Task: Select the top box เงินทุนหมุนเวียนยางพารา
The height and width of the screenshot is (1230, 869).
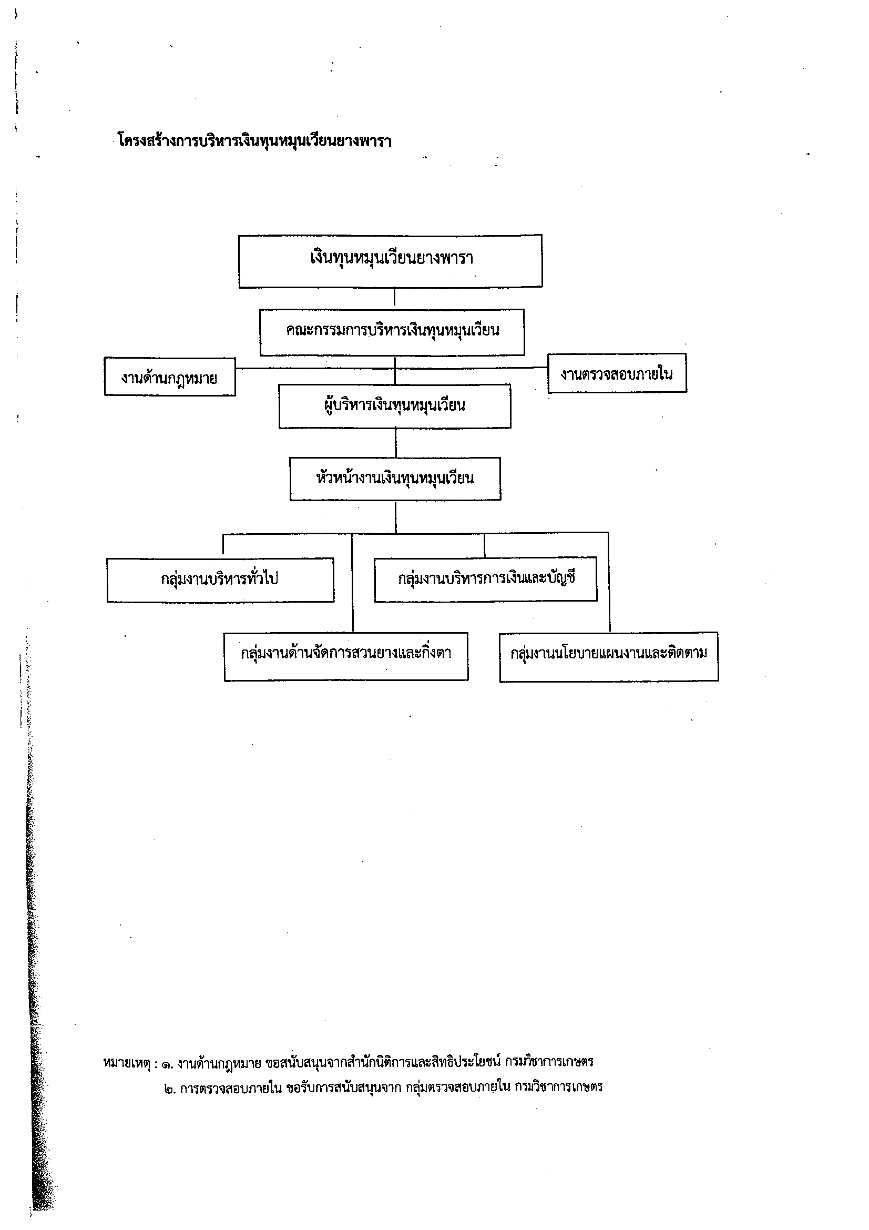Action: [x=390, y=261]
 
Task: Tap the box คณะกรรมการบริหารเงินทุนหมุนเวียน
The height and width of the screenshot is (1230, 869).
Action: [x=392, y=332]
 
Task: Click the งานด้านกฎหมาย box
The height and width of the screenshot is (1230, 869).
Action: [x=170, y=377]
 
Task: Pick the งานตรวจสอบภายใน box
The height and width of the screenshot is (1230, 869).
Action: [x=617, y=373]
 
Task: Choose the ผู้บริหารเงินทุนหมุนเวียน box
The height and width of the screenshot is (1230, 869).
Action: [x=395, y=406]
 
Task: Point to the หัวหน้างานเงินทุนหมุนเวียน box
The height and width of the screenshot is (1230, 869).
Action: [x=395, y=479]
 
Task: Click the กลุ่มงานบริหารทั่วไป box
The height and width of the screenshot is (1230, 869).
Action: [x=220, y=580]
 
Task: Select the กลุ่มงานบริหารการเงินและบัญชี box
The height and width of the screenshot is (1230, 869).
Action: [x=486, y=579]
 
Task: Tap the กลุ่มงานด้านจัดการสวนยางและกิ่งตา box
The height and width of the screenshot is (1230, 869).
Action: [x=346, y=657]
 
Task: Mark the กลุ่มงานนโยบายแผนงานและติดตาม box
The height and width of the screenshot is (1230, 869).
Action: [x=609, y=657]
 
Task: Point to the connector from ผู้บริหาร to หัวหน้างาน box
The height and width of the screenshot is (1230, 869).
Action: [x=396, y=442]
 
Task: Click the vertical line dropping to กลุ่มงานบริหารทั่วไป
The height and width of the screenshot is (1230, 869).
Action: [x=223, y=545]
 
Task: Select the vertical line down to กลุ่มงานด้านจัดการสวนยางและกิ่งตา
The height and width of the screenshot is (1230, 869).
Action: [x=352, y=583]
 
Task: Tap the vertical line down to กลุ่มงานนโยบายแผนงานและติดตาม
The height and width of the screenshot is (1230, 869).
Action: [x=609, y=582]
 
